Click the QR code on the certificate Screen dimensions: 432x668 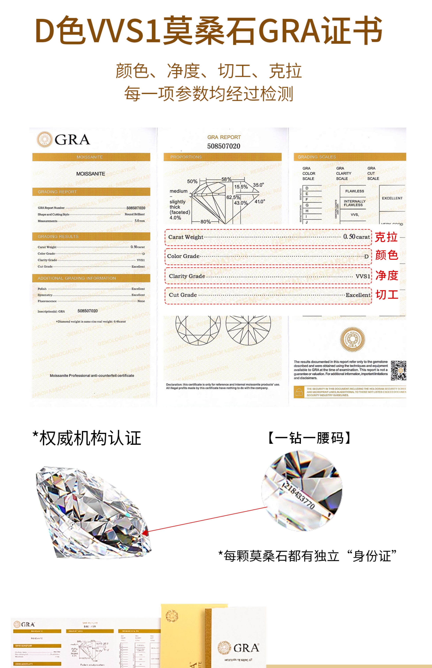(398, 370)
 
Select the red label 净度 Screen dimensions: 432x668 (387, 275)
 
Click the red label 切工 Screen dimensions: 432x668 (387, 295)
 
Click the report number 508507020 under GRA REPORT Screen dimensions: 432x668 (223, 146)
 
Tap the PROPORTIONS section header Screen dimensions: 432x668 (186, 157)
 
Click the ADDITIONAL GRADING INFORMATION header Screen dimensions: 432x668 (77, 278)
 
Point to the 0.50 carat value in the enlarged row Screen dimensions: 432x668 (356, 237)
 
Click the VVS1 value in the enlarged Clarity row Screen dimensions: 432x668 (363, 276)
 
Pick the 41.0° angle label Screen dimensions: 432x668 (260, 201)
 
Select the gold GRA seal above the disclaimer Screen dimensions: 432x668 (352, 339)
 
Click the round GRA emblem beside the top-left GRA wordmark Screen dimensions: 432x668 (44, 139)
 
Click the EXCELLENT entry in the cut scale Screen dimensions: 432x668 (392, 198)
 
